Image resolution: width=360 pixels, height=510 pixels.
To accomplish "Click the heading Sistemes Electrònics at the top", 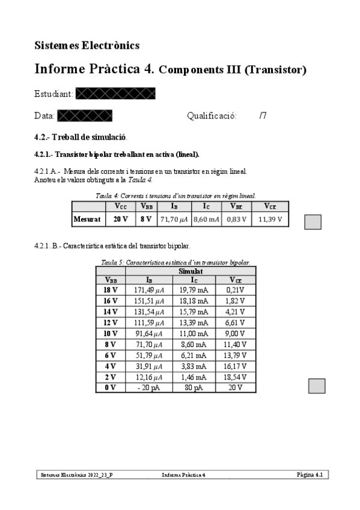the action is [87, 45].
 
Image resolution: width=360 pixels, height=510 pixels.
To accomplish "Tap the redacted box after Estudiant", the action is [116, 93].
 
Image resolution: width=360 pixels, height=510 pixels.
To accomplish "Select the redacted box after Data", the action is [85, 115].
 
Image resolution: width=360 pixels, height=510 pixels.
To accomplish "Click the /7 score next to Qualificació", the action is [263, 115].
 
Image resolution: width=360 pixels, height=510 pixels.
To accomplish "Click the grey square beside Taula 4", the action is [313, 222].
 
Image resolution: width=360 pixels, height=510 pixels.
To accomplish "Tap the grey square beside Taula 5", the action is [316, 386].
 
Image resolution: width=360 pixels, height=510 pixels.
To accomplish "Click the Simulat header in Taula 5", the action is [191, 271].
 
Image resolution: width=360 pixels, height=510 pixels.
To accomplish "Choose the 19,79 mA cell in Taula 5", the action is [194, 290].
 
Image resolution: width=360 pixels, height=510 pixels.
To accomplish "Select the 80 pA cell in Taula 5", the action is [194, 387].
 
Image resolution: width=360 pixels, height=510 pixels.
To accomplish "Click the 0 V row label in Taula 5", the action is [111, 387].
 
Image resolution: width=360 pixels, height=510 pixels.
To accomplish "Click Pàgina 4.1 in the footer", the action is [310, 475].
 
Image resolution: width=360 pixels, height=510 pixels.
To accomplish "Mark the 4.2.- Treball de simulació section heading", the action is [81, 137].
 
